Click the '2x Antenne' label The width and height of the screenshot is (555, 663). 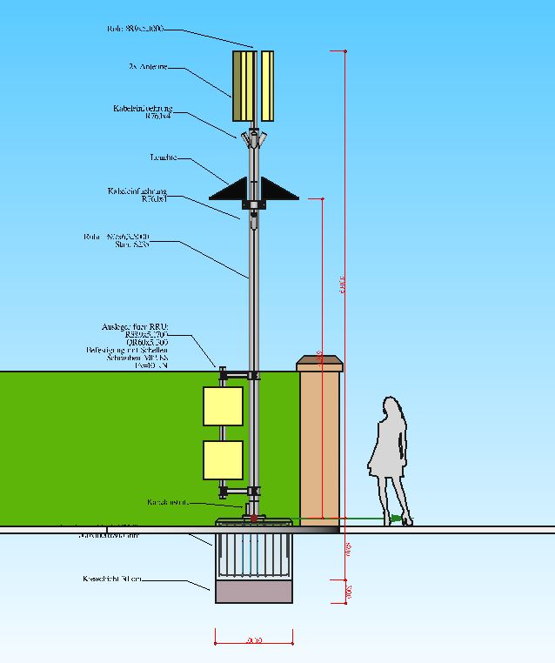148,67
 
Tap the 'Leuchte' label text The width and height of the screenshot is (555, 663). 163,157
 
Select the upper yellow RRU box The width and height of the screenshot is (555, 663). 223,406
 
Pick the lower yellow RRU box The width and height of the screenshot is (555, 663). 223,460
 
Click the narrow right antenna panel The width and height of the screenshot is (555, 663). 267,85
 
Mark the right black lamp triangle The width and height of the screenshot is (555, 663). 277,190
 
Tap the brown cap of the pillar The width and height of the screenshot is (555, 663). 320,363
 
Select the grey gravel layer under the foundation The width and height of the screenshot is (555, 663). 253,593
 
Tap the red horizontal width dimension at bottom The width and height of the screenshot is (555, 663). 253,643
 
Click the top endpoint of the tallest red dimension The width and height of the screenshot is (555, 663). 344,52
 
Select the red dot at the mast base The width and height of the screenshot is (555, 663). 253,519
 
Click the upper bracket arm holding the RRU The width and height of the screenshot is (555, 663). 237,375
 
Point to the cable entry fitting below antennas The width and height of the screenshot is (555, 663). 253,137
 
